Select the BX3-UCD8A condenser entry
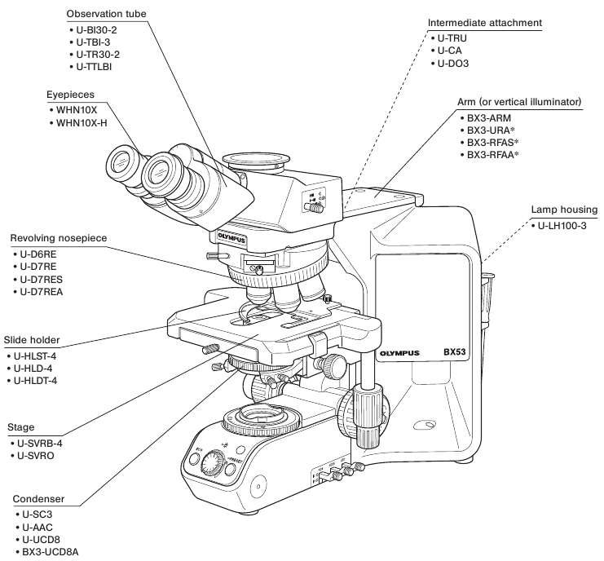[51, 552]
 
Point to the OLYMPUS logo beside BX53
[399, 353]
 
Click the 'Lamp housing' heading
[563, 209]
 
